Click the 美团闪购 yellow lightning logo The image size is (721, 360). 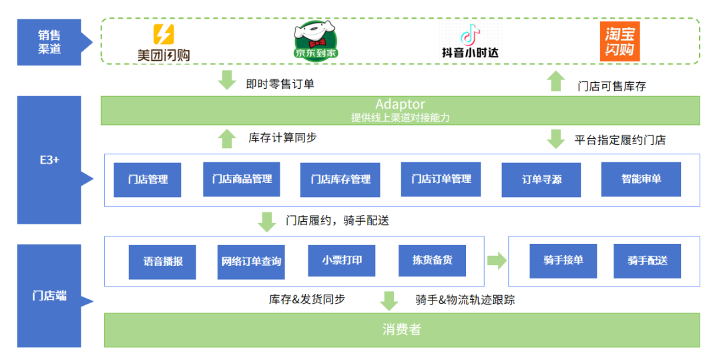point(164,34)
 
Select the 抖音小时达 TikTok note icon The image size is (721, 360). point(470,33)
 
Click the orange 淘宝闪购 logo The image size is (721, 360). point(620,41)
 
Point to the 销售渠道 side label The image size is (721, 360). point(49,41)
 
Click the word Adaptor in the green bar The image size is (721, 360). point(400,104)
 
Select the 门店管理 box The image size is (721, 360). point(147,179)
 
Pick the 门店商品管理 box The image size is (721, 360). point(242,179)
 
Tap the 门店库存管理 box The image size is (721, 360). point(340,179)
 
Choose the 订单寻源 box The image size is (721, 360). point(541,179)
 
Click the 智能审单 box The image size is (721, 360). point(641,179)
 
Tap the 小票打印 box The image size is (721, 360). point(341,260)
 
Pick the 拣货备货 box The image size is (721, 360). point(432,260)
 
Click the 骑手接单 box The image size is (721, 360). point(563,260)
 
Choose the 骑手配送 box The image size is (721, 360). point(647,260)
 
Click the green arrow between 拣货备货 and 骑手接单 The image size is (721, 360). point(497,260)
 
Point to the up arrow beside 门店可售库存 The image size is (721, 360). point(555,81)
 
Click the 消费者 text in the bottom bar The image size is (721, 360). point(402,329)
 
